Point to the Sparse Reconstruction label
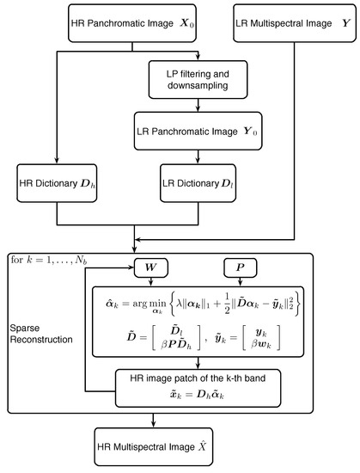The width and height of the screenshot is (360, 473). pyautogui.click(x=43, y=335)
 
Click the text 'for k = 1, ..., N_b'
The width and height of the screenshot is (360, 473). pyautogui.click(x=48, y=259)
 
